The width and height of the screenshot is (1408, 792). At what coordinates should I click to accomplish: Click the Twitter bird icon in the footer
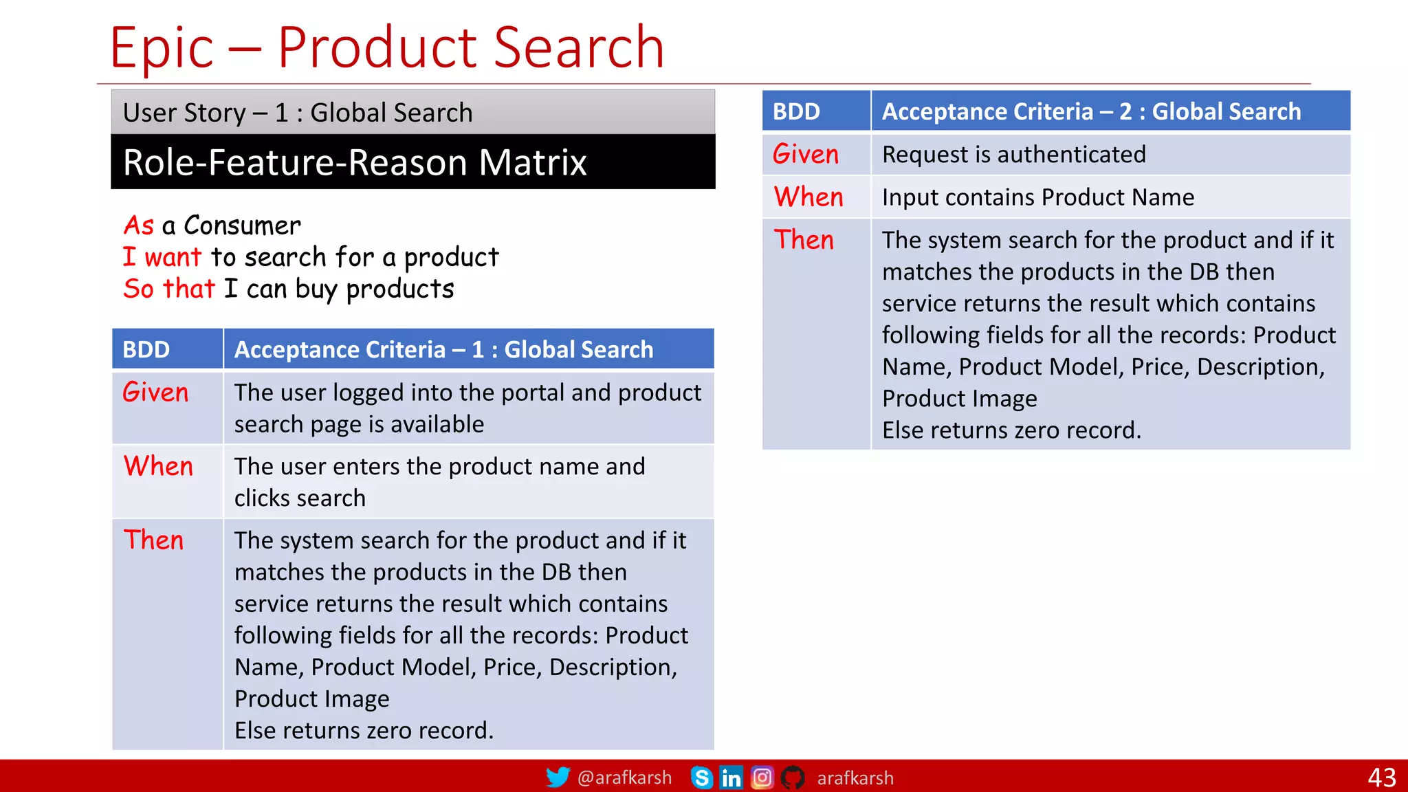tap(558, 777)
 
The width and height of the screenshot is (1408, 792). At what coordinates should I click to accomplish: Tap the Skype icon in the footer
tap(701, 778)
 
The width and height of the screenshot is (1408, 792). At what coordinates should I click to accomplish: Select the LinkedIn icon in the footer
tap(731, 778)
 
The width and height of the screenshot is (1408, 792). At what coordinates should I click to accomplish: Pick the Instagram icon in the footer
tap(762, 778)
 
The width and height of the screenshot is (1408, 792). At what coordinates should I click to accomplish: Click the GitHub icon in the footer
tap(793, 778)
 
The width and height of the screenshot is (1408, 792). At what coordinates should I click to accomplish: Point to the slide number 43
tap(1381, 778)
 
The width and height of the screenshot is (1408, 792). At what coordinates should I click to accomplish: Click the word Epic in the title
tap(162, 47)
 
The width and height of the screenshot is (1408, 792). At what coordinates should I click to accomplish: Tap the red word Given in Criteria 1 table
tap(155, 393)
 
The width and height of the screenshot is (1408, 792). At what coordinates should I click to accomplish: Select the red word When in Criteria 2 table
tap(808, 197)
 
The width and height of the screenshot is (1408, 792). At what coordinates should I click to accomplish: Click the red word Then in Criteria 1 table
tap(154, 540)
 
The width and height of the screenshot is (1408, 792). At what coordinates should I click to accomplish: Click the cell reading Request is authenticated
tap(1014, 155)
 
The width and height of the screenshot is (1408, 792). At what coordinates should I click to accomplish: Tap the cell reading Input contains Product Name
tap(1038, 197)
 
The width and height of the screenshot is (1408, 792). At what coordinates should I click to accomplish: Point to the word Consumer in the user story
tap(242, 225)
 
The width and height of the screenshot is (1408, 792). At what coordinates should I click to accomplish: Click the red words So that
tap(169, 289)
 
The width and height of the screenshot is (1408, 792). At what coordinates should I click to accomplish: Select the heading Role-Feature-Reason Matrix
tap(355, 163)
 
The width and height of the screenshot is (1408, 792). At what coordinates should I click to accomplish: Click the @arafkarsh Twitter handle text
tap(624, 778)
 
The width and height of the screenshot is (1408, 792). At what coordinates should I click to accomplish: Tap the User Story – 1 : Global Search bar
tap(298, 113)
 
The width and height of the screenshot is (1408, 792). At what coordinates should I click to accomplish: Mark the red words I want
tap(162, 257)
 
